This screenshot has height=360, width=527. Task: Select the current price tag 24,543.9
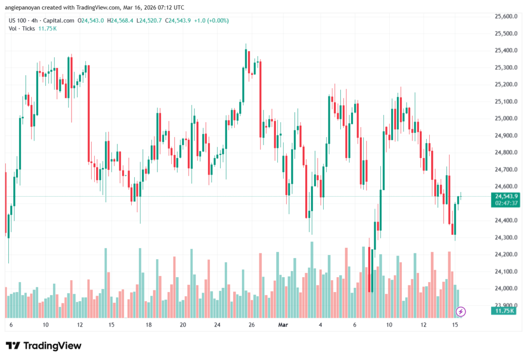(x=505, y=196)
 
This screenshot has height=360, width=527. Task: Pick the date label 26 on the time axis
(x=252, y=325)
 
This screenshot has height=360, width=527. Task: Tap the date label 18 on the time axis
(x=148, y=325)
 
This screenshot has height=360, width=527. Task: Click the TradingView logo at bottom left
(x=43, y=346)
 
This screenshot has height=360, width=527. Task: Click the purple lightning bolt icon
(x=461, y=311)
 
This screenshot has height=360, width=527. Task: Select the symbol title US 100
(x=20, y=21)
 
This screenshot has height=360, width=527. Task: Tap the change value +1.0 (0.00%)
(x=211, y=21)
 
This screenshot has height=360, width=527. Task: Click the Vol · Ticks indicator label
(x=22, y=28)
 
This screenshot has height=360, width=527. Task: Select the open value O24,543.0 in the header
(x=91, y=21)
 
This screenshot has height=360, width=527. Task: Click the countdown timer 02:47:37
(x=505, y=203)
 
